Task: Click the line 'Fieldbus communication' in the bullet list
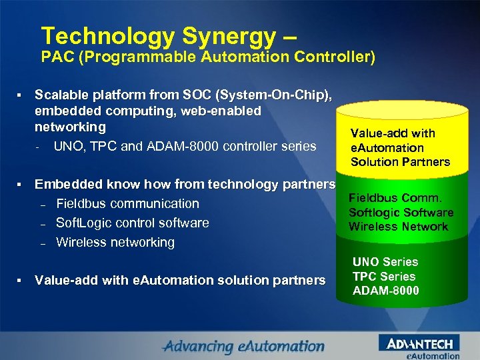127,203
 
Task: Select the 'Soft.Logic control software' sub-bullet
132,223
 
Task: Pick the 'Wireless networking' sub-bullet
115,242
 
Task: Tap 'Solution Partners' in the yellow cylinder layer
400,162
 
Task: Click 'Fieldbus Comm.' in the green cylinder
395,198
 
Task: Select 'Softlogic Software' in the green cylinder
401,212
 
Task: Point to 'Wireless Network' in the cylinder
398,227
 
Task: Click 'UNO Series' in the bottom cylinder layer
385,262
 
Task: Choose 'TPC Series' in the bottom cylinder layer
383,276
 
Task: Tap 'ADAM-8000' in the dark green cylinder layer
385,291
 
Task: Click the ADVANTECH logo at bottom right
419,344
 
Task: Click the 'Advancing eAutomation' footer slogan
243,347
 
